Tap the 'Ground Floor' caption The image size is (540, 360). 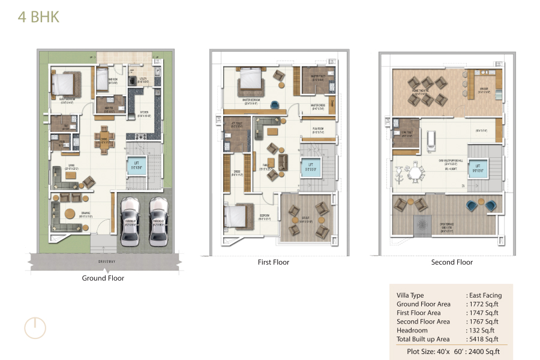point(103,278)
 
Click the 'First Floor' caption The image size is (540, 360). point(273,262)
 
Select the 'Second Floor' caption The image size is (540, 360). point(452,262)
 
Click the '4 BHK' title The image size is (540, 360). point(38,17)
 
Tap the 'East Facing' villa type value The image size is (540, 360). point(485,295)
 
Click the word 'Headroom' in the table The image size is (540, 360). point(412,330)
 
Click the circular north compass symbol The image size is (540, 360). point(35,328)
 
